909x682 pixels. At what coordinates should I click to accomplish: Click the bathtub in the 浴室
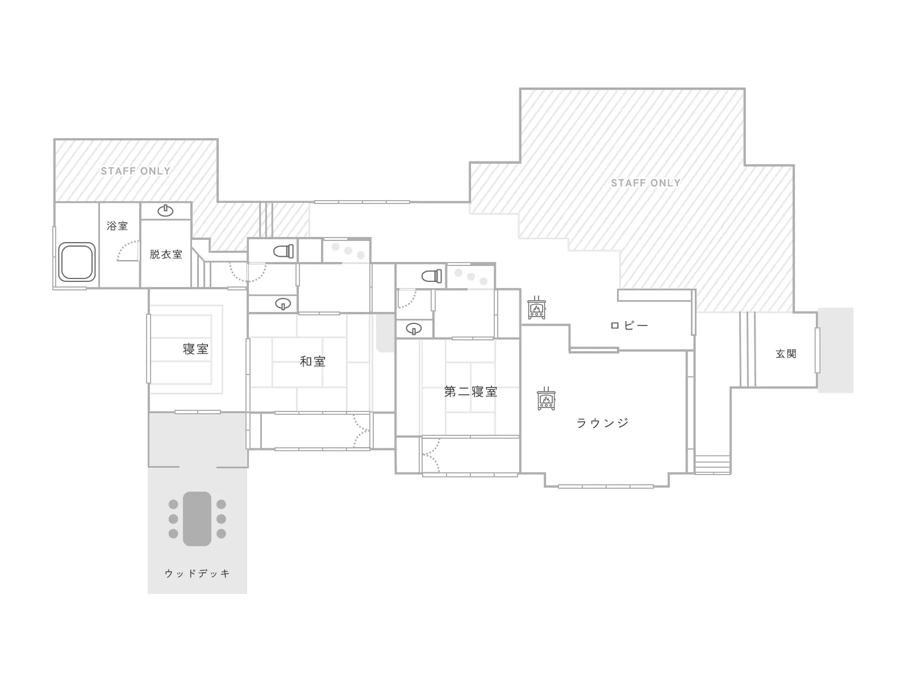tap(77, 261)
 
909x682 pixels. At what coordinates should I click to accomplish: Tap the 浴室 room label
tap(117, 226)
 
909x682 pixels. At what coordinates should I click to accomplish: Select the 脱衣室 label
tap(166, 254)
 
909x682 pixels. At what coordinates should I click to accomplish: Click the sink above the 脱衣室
tap(165, 211)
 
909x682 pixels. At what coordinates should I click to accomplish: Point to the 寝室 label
tap(195, 348)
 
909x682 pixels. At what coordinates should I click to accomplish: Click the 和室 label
tap(312, 361)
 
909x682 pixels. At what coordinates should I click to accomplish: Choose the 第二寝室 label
tap(470, 392)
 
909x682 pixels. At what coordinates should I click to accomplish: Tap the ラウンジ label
tap(603, 423)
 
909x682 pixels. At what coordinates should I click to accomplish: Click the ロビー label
tap(629, 326)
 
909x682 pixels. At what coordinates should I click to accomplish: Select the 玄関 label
tap(786, 354)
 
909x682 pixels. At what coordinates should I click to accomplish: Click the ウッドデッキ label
tap(197, 573)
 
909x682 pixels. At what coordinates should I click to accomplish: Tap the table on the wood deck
tap(197, 519)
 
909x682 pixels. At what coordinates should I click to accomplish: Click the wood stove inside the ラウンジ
tap(546, 398)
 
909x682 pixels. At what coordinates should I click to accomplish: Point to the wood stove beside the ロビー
tap(537, 307)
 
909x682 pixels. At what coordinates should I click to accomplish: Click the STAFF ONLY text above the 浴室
tap(136, 171)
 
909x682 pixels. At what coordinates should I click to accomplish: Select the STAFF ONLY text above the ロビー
tap(646, 183)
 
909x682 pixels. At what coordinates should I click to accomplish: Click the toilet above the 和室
tap(283, 251)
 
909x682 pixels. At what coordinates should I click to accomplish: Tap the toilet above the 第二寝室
tap(432, 276)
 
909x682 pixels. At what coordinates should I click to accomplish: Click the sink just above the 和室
tap(283, 304)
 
